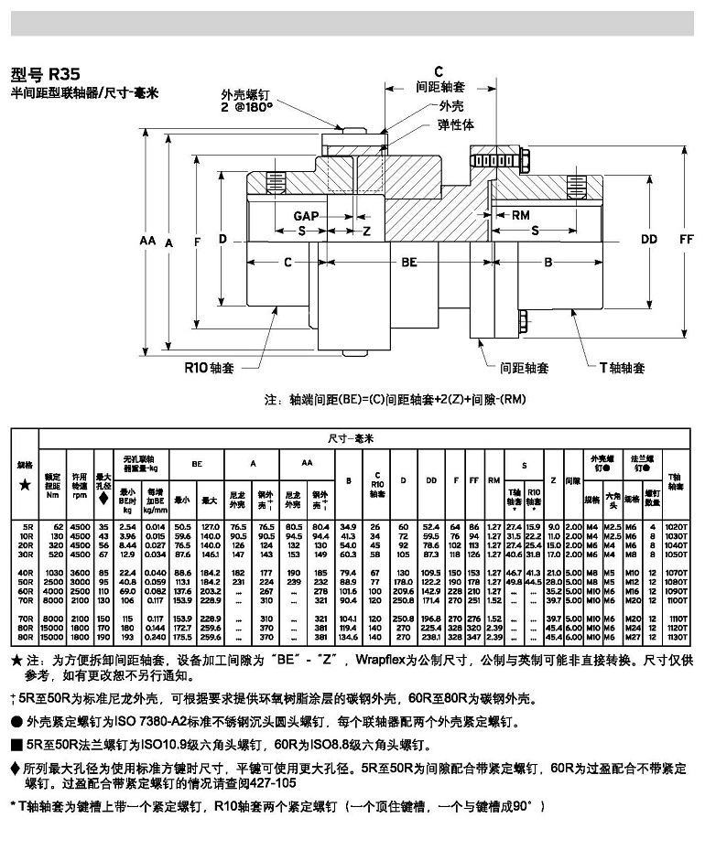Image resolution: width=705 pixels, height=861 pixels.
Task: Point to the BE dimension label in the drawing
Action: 409,262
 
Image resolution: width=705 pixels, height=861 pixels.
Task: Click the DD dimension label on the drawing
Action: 649,240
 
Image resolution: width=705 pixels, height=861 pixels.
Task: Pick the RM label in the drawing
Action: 520,215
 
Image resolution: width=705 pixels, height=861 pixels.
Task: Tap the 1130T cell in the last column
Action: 676,636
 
